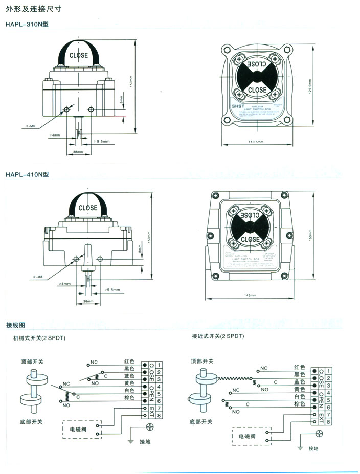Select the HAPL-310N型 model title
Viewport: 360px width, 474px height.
coord(27,25)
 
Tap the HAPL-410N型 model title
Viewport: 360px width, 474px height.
coord(27,174)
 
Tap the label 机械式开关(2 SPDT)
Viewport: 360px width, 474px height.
coord(39,338)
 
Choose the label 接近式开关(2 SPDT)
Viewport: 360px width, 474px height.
coord(218,336)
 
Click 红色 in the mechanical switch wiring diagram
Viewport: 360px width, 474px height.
coord(129,361)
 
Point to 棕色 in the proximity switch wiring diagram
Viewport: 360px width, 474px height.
coord(299,404)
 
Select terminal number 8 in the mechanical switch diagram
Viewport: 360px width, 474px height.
coord(160,416)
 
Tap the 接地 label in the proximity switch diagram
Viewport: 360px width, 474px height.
coord(313,448)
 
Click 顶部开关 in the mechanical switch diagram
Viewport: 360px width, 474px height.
coord(32,361)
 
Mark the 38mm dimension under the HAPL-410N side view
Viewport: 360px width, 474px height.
coord(88,302)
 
